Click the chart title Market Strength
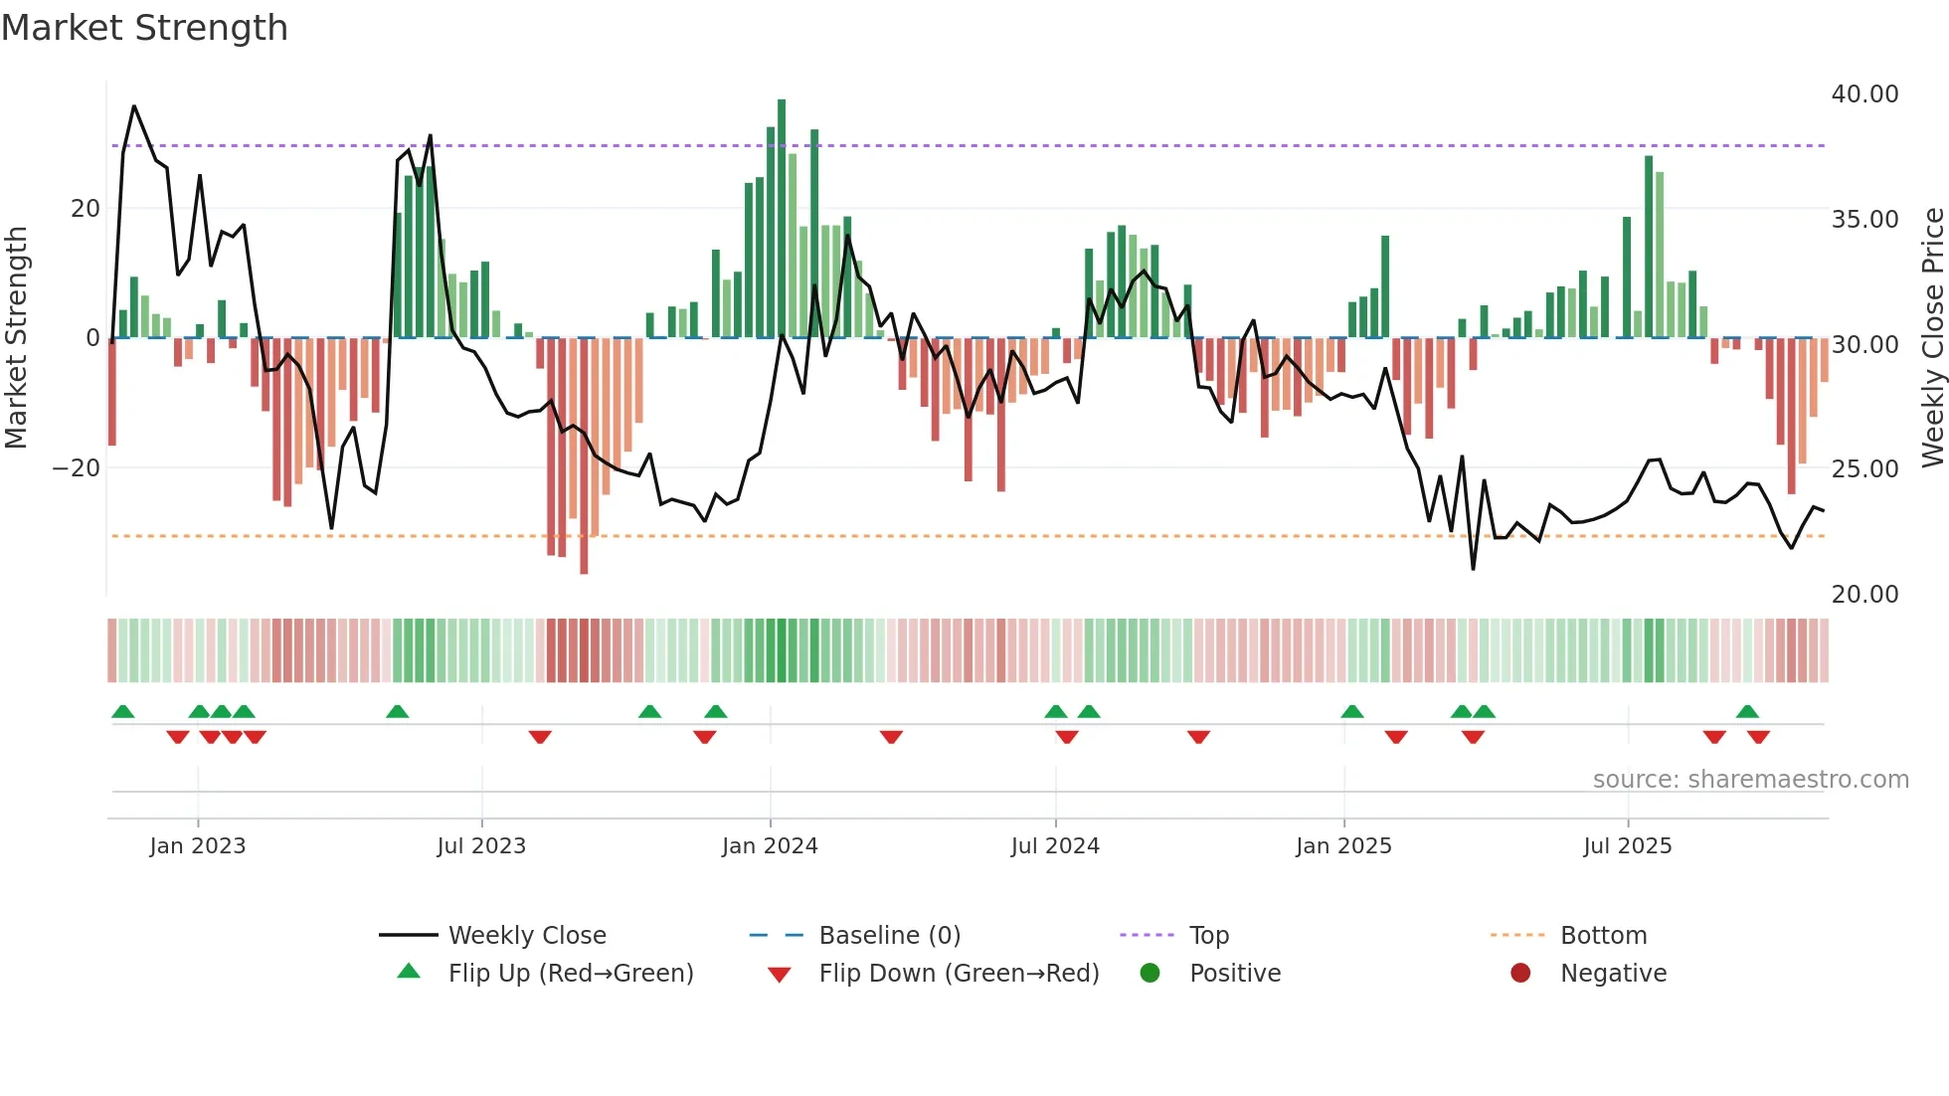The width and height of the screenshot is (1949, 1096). click(144, 28)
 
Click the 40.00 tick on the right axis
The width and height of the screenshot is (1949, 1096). click(1864, 94)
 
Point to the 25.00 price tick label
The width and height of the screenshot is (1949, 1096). click(1864, 468)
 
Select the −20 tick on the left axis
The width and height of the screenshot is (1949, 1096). click(77, 468)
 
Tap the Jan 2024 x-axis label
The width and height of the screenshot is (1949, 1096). click(770, 846)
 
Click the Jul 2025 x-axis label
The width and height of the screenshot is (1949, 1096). click(1627, 846)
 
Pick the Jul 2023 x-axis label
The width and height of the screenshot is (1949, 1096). click(481, 846)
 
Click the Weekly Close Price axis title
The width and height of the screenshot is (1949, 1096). click(1932, 338)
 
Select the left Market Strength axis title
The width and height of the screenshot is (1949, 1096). click(16, 338)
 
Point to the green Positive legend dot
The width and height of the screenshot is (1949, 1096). click(1150, 974)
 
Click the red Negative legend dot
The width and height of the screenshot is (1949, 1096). click(1520, 974)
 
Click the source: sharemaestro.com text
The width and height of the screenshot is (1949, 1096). click(1750, 780)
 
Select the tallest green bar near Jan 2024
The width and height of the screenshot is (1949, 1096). click(782, 219)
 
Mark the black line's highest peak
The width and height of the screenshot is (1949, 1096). click(134, 106)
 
